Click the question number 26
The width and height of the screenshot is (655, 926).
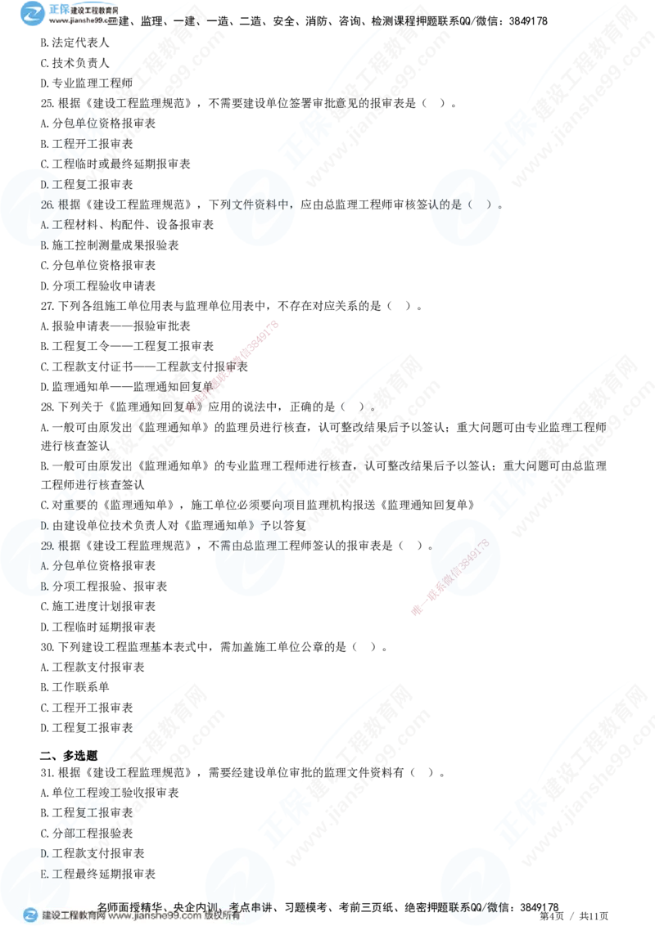pos(47,205)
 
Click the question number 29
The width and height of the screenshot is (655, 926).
pos(47,546)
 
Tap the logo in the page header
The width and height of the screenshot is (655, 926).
pos(35,13)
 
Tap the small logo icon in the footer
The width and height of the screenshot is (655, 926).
pos(31,915)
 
